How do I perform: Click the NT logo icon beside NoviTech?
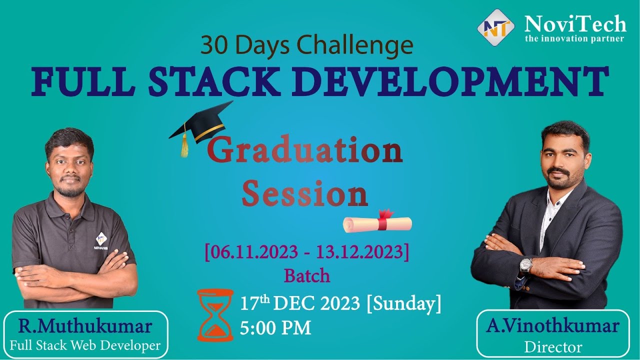point(495,27)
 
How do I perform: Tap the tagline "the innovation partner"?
point(574,39)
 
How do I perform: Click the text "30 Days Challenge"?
point(306,45)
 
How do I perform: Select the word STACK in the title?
point(207,80)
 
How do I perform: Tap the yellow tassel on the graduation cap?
point(185,145)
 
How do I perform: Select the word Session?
point(304,193)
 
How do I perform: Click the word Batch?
point(307,275)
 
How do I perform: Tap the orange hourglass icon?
point(215,314)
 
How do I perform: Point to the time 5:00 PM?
point(275,328)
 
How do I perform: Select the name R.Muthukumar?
point(85,327)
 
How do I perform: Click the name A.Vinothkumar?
point(552,326)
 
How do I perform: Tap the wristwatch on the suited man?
point(525,264)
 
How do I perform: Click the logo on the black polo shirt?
point(101,239)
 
